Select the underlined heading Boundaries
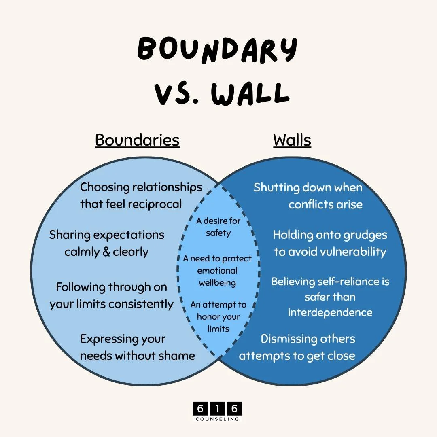pyautogui.click(x=137, y=140)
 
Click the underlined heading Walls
pyautogui.click(x=292, y=140)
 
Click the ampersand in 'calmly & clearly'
pyautogui.click(x=106, y=252)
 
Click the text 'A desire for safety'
pyautogui.click(x=218, y=227)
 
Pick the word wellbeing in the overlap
pyautogui.click(x=218, y=282)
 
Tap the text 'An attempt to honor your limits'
pyautogui.click(x=218, y=316)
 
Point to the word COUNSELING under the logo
pyautogui.click(x=218, y=419)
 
